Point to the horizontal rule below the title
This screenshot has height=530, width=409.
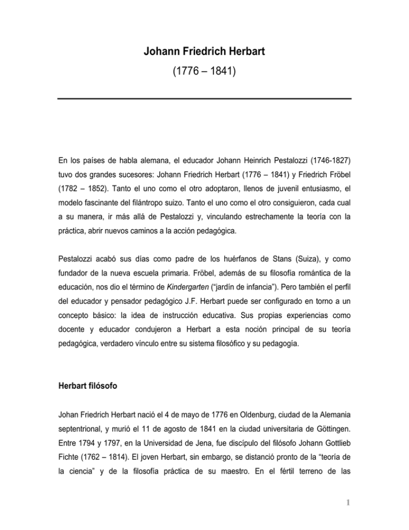coord(204,99)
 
